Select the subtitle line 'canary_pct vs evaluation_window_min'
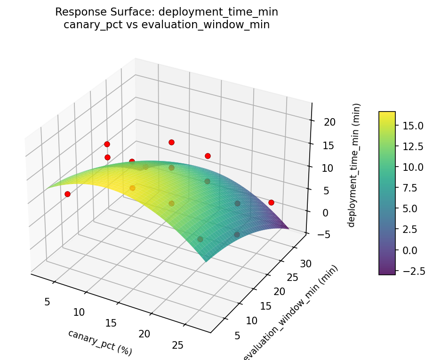(167, 25)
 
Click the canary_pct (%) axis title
(100, 342)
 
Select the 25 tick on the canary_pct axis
(177, 345)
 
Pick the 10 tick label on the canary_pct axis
(79, 312)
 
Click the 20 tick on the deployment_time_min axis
(329, 122)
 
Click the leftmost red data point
(67, 194)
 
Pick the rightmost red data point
(271, 202)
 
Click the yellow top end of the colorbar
(387, 114)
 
